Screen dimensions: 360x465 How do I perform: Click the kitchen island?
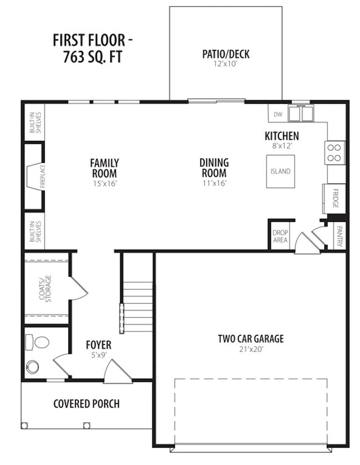pos(280,171)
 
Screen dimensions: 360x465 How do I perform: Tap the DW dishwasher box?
pos(278,113)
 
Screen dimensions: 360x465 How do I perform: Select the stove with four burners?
pos(335,153)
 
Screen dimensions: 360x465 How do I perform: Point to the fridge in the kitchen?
pos(334,198)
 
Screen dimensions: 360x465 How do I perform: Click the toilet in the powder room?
pos(37,342)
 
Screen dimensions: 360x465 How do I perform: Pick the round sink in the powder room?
pos(32,367)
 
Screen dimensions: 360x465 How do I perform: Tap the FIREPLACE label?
pos(43,176)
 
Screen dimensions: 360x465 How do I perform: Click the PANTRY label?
pos(340,236)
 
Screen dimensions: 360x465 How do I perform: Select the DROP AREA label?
pos(280,236)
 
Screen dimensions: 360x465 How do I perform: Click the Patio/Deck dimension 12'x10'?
pos(225,64)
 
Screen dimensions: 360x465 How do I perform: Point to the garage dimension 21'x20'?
pos(251,349)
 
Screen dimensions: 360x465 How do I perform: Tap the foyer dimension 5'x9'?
pos(99,355)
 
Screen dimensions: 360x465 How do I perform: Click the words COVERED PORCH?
pos(86,403)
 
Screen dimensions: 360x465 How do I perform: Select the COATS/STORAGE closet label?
pos(45,289)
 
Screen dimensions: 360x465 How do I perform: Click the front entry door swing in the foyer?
pos(117,372)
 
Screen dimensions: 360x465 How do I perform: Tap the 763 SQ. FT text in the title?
pos(92,57)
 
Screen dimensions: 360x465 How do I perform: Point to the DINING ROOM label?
pos(214,167)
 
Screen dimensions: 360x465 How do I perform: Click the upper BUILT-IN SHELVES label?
pos(35,122)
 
